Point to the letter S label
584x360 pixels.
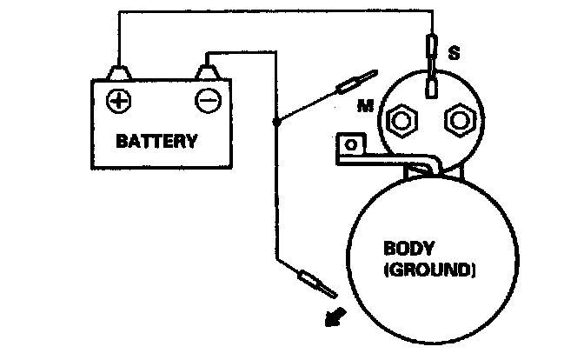tap(453, 53)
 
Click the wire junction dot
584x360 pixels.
tap(276, 123)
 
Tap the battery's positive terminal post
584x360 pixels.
tap(116, 69)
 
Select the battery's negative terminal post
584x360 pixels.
tap(207, 67)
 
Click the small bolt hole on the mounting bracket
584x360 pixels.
tap(352, 142)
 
